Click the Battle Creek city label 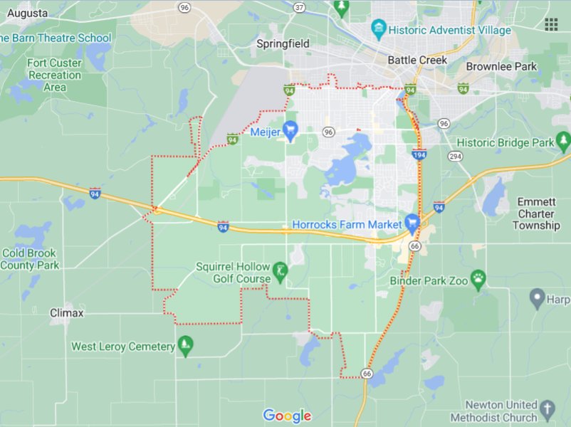pyautogui.click(x=417, y=60)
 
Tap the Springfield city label pyautogui.click(x=283, y=44)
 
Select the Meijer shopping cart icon pyautogui.click(x=290, y=130)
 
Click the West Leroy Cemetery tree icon pyautogui.click(x=186, y=347)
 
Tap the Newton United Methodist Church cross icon pyautogui.click(x=547, y=409)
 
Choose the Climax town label pyautogui.click(x=67, y=313)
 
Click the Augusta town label pyautogui.click(x=24, y=14)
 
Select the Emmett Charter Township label pyautogui.click(x=536, y=213)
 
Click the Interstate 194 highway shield pyautogui.click(x=419, y=154)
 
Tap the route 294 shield pyautogui.click(x=455, y=156)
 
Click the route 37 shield pyautogui.click(x=299, y=8)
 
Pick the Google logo pyautogui.click(x=287, y=416)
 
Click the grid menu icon pyautogui.click(x=551, y=24)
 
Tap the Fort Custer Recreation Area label pyautogui.click(x=55, y=75)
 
